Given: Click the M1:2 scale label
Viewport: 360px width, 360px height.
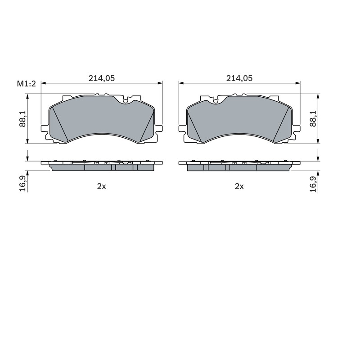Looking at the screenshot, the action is pos(27,84).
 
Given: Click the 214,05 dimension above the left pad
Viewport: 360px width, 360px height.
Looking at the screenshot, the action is pos(102,78).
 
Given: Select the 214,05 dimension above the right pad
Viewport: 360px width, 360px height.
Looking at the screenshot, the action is pos(239,78).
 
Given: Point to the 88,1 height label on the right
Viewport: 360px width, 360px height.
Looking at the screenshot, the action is pos(313,119).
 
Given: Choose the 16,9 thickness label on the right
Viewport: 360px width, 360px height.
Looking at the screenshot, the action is pos(313,184).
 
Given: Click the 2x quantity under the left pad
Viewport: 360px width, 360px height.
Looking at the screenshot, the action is pos(102,186).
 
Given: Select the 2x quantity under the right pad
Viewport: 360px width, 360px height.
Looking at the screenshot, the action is pos(239,186).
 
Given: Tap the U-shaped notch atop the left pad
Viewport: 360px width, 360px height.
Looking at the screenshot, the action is pos(126,100).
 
